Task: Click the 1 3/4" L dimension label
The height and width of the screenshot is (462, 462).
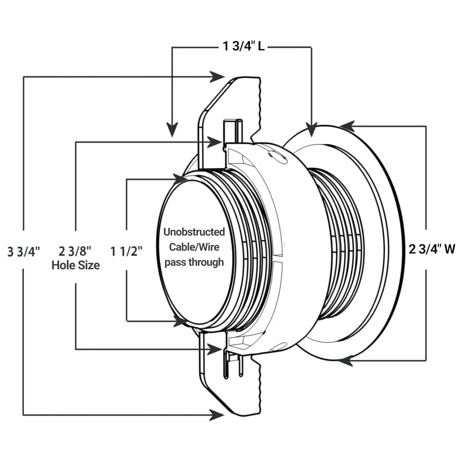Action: (242, 47)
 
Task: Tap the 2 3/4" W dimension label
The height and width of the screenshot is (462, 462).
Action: (432, 249)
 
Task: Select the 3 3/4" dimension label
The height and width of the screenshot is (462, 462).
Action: (24, 250)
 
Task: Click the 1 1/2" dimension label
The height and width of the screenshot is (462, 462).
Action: (127, 250)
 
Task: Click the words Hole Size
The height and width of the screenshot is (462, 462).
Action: (75, 265)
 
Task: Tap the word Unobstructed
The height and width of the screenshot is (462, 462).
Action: (194, 232)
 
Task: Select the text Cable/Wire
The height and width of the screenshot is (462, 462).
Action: (194, 247)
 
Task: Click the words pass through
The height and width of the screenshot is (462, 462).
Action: (194, 262)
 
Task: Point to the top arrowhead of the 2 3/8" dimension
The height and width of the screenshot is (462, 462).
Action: (215, 142)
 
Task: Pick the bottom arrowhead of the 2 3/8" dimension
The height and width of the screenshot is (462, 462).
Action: (215, 349)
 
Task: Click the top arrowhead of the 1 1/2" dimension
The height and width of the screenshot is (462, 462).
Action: (180, 179)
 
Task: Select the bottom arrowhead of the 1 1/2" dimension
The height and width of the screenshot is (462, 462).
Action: (180, 321)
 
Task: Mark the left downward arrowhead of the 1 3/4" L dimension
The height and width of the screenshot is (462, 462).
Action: (171, 130)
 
